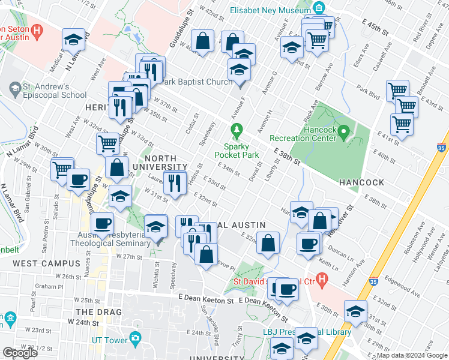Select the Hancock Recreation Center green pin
tap(343, 131)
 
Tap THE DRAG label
tap(98, 312)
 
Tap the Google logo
tap(20, 353)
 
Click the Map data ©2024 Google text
tap(412, 355)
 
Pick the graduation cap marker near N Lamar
tap(73, 40)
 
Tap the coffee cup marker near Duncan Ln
tap(309, 244)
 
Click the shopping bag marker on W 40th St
tap(203, 41)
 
